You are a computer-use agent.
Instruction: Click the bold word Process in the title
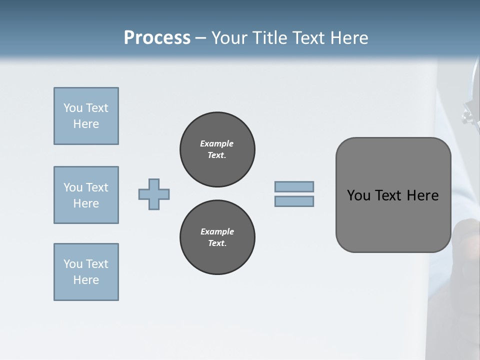coord(157,38)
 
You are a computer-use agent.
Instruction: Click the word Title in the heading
coord(270,38)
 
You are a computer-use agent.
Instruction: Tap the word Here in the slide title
coord(349,38)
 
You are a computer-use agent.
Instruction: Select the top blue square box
coord(86,116)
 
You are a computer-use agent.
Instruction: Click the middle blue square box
coord(86,195)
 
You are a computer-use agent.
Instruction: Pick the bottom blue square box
coord(86,272)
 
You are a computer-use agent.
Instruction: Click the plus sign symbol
coord(154,194)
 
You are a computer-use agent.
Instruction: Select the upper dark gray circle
coord(217,149)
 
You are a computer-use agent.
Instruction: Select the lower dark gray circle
coord(217,237)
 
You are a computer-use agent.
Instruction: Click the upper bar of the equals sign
coord(294,186)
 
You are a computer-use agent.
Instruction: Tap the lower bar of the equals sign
coord(294,201)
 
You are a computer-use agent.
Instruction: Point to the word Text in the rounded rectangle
coord(388,195)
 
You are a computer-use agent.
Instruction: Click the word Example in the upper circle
coord(216,143)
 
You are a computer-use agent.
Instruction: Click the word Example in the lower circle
coord(217,231)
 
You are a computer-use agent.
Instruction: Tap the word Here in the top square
coord(86,124)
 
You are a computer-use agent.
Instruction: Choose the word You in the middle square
coord(73,187)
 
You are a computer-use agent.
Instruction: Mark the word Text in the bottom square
coord(97,264)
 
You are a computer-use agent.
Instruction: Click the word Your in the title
coord(228,38)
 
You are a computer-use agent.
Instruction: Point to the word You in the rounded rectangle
coord(358,195)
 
